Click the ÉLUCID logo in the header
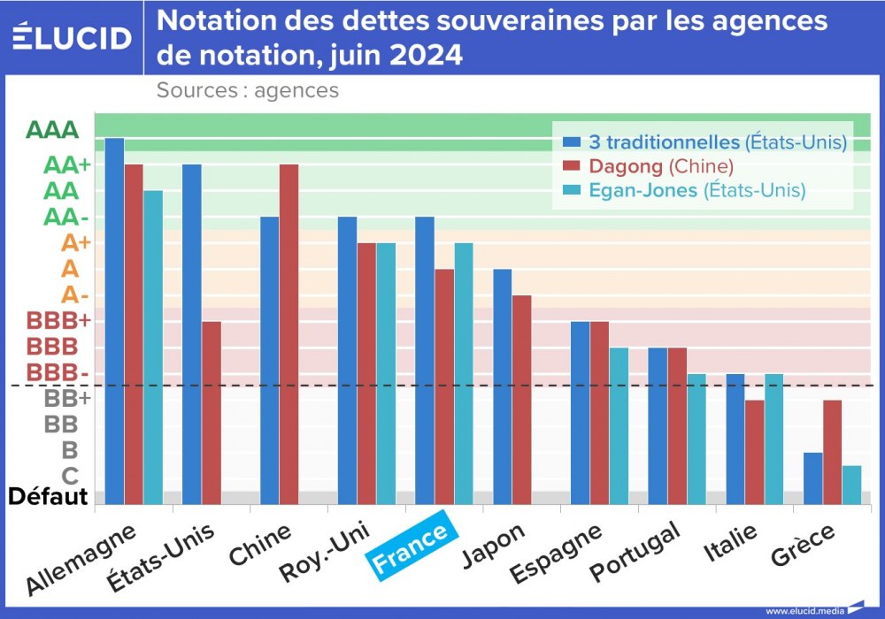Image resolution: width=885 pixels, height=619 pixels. point(73,37)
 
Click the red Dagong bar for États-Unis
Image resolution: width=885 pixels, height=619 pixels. point(211,413)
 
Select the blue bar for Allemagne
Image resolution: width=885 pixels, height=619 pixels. point(115,321)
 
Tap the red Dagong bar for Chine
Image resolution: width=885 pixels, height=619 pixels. point(289,334)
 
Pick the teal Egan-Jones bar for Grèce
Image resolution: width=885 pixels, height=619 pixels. point(851,485)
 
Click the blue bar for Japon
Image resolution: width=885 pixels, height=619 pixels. point(502,386)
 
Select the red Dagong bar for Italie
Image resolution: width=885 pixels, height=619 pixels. point(754,452)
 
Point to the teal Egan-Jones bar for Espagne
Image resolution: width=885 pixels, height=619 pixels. point(619,426)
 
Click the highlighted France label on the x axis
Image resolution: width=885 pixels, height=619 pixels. point(414,549)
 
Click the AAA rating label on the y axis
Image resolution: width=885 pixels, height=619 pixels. point(52,130)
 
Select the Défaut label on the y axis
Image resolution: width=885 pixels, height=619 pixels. point(48,496)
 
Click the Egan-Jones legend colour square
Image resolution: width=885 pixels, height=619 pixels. point(571,190)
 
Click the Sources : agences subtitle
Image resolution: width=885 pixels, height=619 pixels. point(248,90)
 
